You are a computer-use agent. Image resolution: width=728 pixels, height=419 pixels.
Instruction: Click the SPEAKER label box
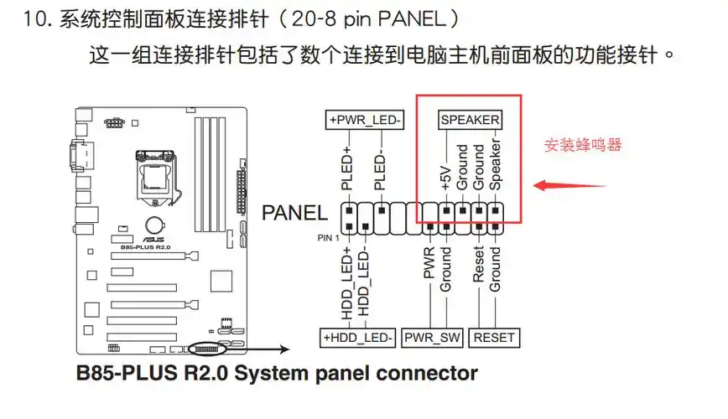(470, 120)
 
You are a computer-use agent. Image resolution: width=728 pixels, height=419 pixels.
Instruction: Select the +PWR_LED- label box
(365, 120)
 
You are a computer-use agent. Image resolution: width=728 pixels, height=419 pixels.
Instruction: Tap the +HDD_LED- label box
(357, 338)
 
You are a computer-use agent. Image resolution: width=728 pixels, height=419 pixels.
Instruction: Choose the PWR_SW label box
(432, 338)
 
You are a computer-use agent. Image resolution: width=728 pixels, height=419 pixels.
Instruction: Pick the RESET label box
(494, 338)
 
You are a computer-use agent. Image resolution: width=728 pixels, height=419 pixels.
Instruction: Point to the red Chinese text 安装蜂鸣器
(584, 145)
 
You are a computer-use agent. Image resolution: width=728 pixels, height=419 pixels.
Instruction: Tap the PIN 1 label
(328, 238)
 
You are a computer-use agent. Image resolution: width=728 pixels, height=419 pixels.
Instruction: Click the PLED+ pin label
(346, 169)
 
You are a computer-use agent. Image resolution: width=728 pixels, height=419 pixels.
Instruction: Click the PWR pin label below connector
(429, 263)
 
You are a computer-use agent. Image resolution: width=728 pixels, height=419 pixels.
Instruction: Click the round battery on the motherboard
(154, 225)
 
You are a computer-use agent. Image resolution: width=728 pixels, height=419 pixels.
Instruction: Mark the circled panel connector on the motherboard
(208, 347)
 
